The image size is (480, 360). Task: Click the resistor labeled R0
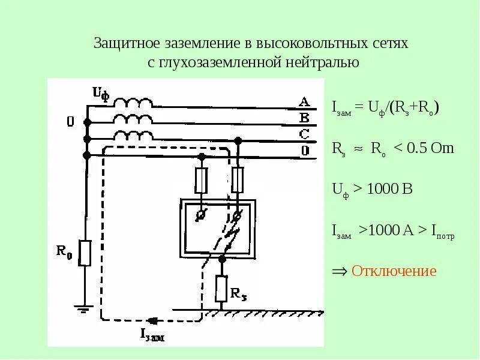tap(85, 253)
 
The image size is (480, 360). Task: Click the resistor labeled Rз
tap(221, 288)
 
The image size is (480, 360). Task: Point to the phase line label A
tap(304, 101)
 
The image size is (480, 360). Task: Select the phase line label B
tap(304, 117)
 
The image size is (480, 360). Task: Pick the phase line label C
tap(304, 133)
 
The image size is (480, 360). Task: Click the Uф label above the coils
tap(100, 93)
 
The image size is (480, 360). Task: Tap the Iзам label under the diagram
tap(152, 335)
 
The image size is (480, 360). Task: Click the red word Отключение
tap(394, 271)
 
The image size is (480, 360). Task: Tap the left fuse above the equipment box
tap(202, 179)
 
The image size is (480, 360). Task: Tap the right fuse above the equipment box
tap(238, 179)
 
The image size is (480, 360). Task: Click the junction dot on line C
tap(238, 140)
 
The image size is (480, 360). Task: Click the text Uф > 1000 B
tap(372, 189)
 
